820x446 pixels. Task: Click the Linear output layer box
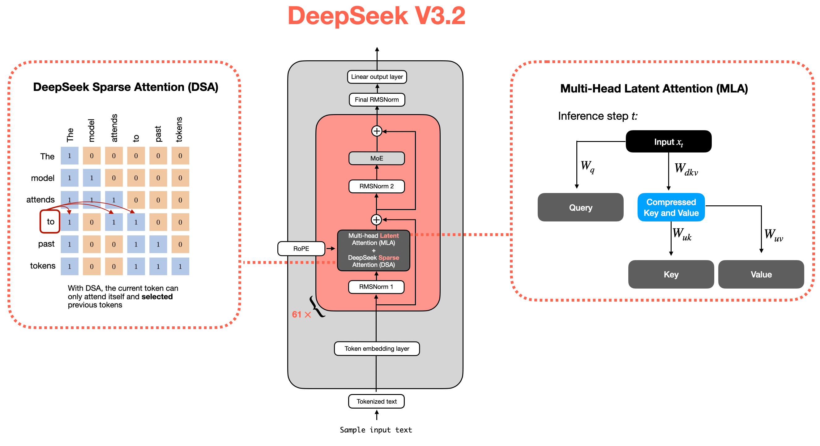click(377, 77)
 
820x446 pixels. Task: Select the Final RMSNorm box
click(377, 100)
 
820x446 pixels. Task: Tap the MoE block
click(377, 158)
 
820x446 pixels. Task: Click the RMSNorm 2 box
click(377, 186)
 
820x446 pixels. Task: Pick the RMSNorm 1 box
click(376, 287)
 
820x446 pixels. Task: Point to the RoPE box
click(301, 249)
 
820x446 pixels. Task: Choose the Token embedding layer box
click(377, 349)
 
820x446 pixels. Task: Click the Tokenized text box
click(377, 401)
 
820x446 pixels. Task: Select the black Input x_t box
click(668, 142)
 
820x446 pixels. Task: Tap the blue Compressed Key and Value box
click(671, 207)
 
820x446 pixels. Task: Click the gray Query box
click(581, 208)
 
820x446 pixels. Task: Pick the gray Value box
click(761, 274)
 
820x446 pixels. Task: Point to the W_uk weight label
click(682, 234)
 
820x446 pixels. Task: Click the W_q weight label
click(587, 166)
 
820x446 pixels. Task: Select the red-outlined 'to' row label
click(50, 221)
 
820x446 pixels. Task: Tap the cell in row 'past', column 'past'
click(158, 244)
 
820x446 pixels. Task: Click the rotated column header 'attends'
click(114, 128)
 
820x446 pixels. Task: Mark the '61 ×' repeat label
click(301, 315)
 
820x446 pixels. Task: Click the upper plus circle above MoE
click(377, 131)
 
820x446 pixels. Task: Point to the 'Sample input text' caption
click(376, 430)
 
